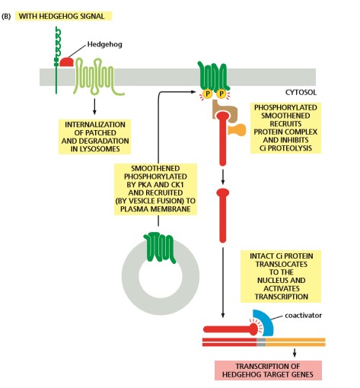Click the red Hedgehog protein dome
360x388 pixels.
point(66,62)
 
